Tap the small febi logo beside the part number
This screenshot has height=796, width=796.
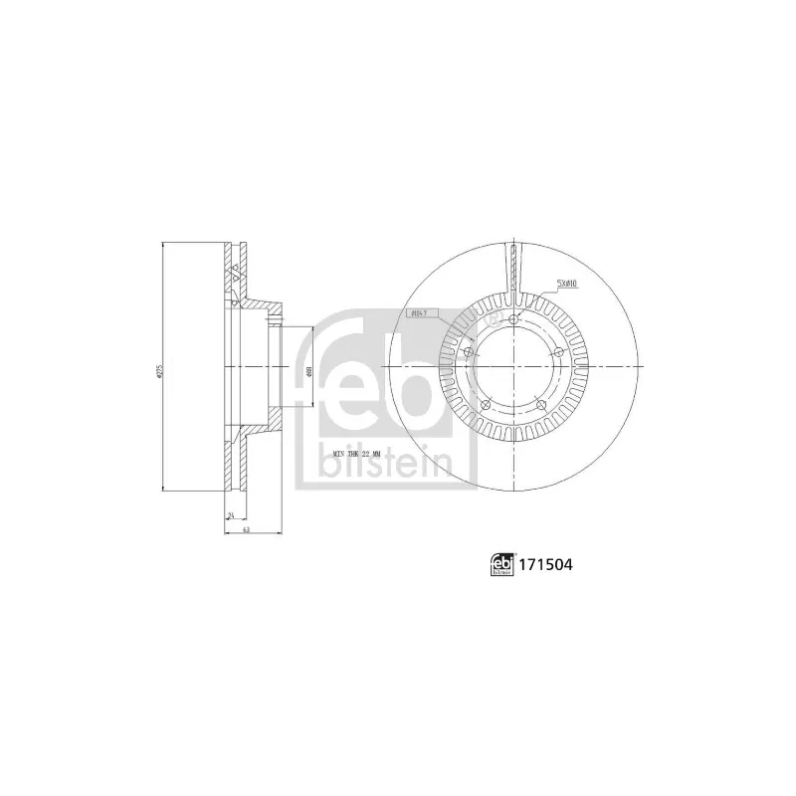tap(500, 565)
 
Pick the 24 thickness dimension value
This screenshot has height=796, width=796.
tap(230, 514)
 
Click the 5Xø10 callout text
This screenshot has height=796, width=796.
tap(567, 283)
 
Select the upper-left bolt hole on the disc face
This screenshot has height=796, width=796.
tap(468, 350)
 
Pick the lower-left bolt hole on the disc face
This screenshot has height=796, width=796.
tap(485, 403)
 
